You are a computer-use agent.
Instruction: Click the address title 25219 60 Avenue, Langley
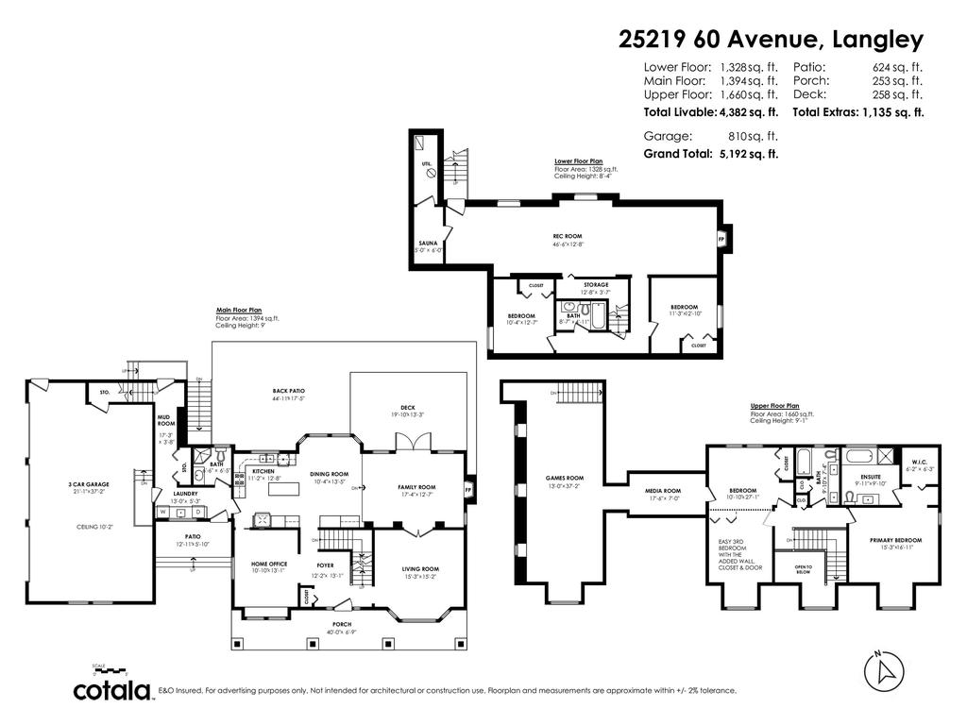[x=771, y=39]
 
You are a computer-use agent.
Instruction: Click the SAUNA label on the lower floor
[x=428, y=243]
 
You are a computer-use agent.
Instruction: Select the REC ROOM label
[x=567, y=236]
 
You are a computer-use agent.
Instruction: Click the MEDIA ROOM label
[x=663, y=491]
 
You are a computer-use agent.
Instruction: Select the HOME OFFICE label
[x=269, y=564]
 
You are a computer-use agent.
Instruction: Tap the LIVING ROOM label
[x=420, y=568]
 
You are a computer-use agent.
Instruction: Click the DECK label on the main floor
[x=407, y=408]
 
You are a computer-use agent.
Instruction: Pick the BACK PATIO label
[x=289, y=390]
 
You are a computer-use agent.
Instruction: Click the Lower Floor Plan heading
[x=578, y=161]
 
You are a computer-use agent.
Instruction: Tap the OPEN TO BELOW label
[x=803, y=569]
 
